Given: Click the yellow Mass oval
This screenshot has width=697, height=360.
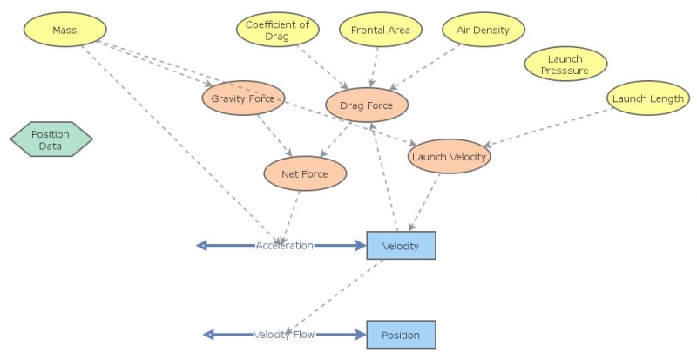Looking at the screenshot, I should click(64, 31).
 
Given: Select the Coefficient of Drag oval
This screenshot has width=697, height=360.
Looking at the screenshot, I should click(278, 31).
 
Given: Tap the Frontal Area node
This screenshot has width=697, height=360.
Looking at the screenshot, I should click(380, 31).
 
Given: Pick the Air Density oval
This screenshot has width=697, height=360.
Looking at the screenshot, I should click(484, 31).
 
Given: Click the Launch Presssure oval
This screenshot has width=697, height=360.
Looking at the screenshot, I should click(565, 65).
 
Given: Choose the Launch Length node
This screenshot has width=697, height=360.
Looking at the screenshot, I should click(647, 99).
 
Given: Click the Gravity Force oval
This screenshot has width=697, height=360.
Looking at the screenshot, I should click(243, 99).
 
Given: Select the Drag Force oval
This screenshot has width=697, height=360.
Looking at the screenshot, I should click(366, 106).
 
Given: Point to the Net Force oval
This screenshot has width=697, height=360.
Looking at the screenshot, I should click(305, 174).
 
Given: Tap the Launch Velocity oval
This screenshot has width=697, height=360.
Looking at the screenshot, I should click(449, 157).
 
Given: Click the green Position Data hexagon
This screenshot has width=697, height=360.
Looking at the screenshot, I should click(51, 140).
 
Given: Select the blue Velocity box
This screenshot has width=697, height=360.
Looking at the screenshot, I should click(401, 246).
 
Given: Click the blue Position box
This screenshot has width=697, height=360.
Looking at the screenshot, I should click(401, 335).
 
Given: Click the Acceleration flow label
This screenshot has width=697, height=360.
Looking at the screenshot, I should click(284, 246).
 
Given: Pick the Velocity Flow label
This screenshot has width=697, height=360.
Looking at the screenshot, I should click(283, 335).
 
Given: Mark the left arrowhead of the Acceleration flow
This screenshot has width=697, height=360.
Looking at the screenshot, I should click(202, 246).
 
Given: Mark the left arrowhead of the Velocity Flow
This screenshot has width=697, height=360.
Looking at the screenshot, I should click(208, 335).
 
